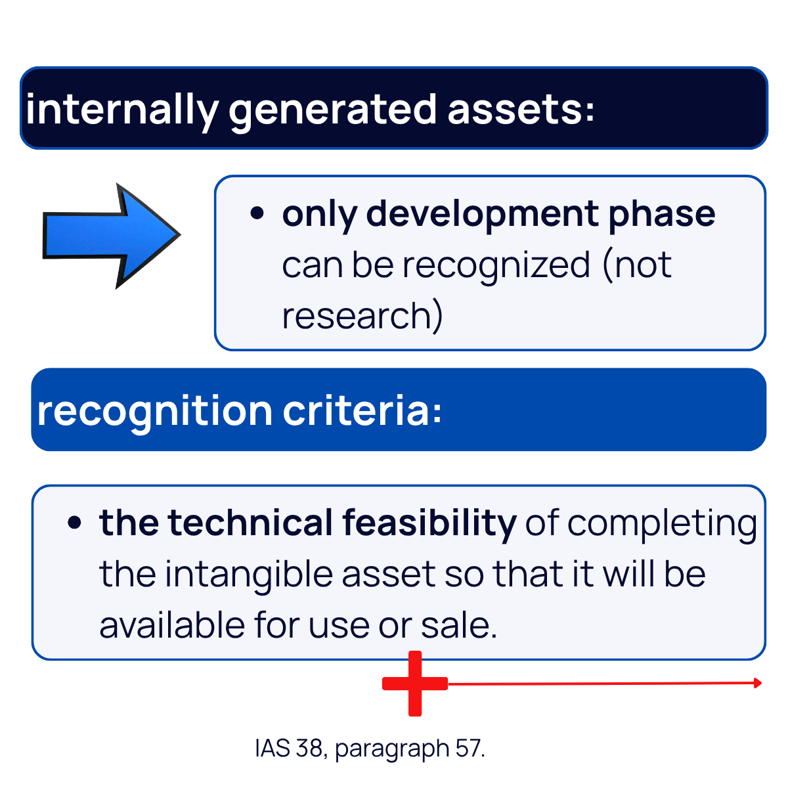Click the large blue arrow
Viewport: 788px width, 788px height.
coord(108,236)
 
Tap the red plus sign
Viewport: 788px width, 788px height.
coord(414,684)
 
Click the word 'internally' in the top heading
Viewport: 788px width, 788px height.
coord(121,109)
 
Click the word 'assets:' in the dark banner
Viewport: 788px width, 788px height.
coord(521,109)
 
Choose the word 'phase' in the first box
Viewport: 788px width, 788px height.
coord(661,213)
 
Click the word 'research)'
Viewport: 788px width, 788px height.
coord(362,316)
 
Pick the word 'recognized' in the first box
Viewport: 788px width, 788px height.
coord(496,265)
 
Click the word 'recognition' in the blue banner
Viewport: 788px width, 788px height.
coord(154,410)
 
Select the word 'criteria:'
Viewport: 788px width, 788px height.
coord(362,410)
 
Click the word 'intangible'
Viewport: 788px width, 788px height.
coord(249,574)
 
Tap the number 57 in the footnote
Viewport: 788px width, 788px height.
coord(469,748)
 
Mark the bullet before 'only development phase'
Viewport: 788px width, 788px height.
coord(257,213)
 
